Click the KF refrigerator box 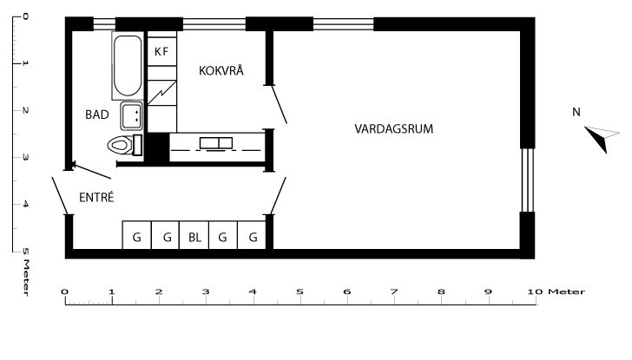pyautogui.click(x=161, y=52)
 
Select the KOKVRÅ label pyautogui.click(x=221, y=71)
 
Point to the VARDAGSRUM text pyautogui.click(x=393, y=128)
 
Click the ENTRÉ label pyautogui.click(x=96, y=197)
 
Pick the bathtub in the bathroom pyautogui.click(x=127, y=67)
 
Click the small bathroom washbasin pyautogui.click(x=131, y=115)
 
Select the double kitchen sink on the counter pyautogui.click(x=214, y=143)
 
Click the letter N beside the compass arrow pyautogui.click(x=576, y=112)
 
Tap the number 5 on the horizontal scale pyautogui.click(x=300, y=291)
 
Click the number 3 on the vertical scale pyautogui.click(x=23, y=157)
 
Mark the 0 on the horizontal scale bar pyautogui.click(x=65, y=291)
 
